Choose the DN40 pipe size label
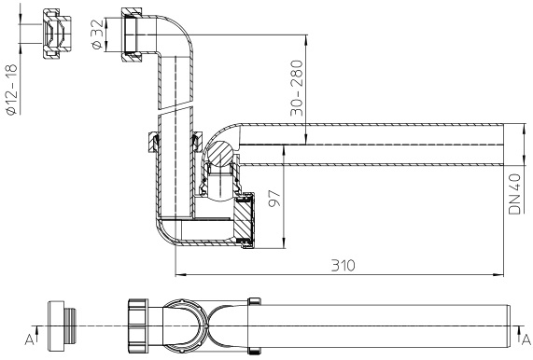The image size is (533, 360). [514, 194]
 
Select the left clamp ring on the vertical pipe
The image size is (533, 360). [149, 141]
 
